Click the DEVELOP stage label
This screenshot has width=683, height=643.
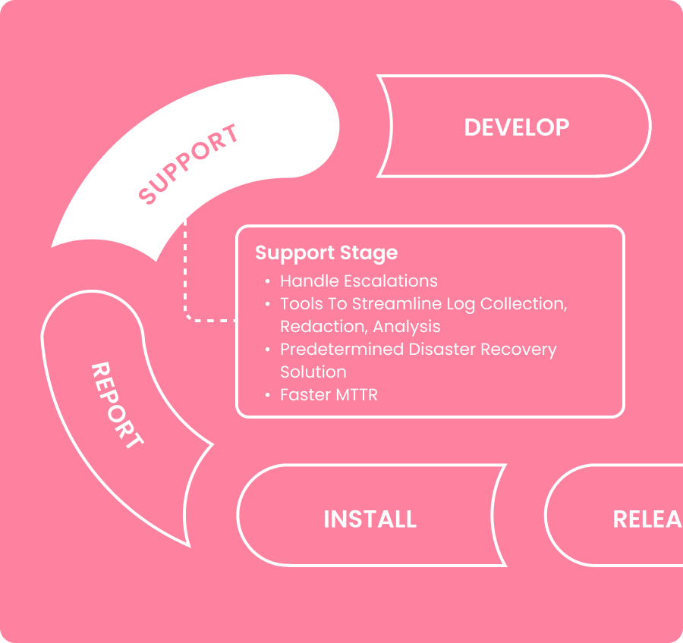tap(516, 127)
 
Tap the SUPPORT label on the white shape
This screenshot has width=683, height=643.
tap(189, 165)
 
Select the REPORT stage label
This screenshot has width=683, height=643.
tap(117, 406)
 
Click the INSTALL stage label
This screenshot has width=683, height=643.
tap(370, 519)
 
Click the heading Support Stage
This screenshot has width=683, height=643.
tap(326, 252)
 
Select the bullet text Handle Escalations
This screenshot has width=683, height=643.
tap(358, 281)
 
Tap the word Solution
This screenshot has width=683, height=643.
tap(313, 372)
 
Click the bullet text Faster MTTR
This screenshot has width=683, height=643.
tap(328, 394)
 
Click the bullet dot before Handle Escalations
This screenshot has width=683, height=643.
tap(267, 282)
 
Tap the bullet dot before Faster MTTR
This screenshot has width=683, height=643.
tap(267, 395)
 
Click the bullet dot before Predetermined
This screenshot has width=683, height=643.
tap(267, 350)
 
